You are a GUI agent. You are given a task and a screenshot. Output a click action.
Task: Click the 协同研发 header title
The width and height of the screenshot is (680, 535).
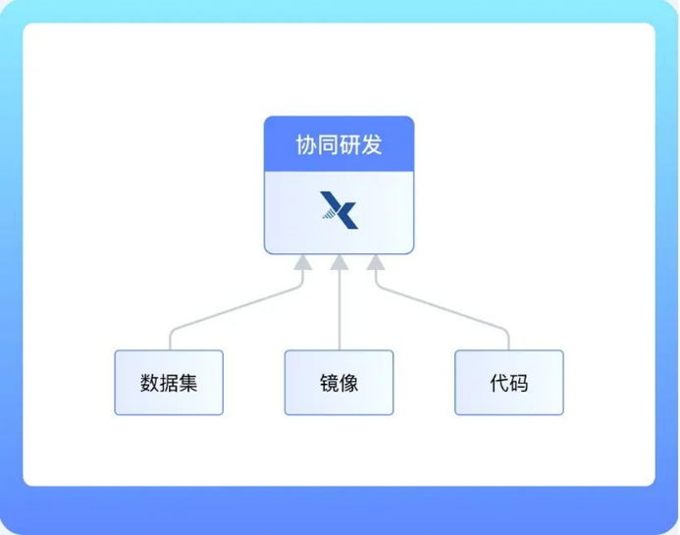(339, 145)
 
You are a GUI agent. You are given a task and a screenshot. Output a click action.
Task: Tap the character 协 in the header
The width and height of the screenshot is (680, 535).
(306, 145)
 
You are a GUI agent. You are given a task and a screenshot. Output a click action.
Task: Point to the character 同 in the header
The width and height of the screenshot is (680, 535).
(328, 145)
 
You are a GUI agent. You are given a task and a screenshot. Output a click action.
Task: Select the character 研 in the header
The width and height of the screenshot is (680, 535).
(349, 145)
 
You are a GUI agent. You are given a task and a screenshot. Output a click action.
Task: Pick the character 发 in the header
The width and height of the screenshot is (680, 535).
(371, 145)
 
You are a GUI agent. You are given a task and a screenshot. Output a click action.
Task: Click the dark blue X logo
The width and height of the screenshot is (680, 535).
(340, 210)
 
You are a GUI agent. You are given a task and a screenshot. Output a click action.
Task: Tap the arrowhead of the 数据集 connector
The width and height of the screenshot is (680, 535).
(304, 262)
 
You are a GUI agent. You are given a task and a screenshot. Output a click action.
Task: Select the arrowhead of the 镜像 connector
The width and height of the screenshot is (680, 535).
(340, 262)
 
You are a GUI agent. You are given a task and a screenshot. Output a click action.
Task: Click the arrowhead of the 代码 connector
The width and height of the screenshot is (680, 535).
(375, 262)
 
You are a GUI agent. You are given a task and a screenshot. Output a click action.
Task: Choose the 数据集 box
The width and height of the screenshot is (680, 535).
(169, 382)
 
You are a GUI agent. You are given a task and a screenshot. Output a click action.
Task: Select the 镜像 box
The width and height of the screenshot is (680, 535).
(339, 382)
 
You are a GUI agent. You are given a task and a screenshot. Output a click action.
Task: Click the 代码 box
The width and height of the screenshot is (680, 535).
(508, 382)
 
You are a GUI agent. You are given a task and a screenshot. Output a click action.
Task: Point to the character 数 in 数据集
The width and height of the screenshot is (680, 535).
(150, 382)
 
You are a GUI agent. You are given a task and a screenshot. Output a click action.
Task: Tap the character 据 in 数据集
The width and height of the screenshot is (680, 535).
(169, 382)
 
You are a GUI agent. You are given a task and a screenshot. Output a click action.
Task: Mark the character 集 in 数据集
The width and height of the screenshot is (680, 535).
(187, 382)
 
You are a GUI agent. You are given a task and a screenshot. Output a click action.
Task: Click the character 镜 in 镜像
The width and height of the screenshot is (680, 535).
(329, 382)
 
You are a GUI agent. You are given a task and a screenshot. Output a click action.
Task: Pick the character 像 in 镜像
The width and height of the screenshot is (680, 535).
(348, 382)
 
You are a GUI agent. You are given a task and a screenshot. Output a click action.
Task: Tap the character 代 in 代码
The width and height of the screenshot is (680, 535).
(498, 382)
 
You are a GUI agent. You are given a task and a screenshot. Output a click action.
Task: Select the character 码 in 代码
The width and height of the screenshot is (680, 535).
(518, 382)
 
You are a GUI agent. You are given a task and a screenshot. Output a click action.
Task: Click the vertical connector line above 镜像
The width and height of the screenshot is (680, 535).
(340, 309)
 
